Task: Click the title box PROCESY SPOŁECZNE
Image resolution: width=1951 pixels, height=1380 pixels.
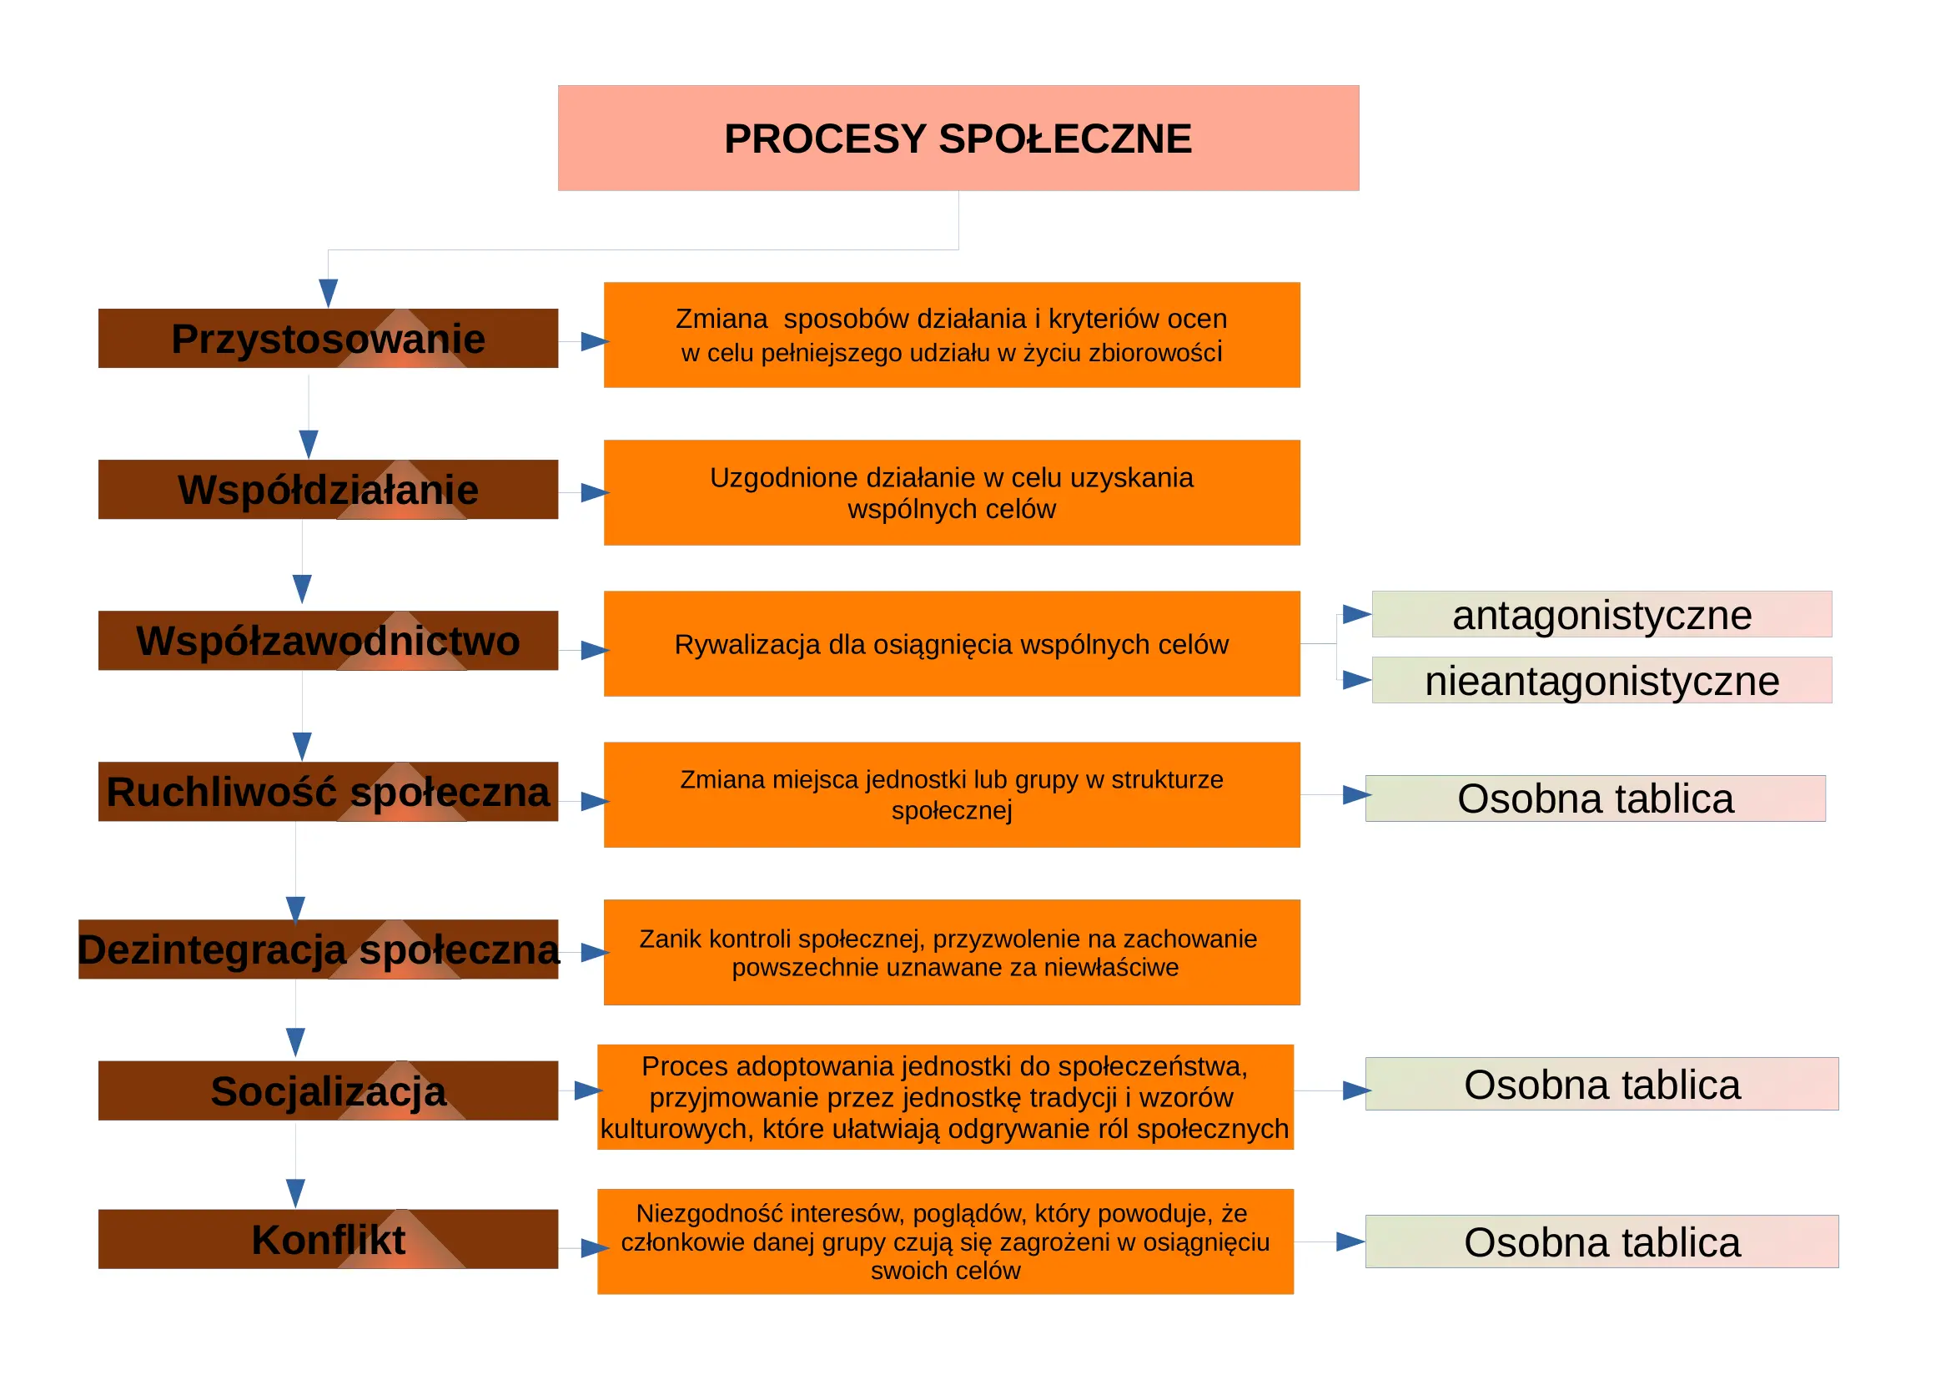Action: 958,138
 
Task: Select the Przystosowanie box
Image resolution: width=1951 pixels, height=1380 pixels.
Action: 328,338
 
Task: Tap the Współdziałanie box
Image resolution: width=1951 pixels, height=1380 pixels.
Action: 328,490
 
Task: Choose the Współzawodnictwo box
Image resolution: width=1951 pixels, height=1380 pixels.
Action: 328,641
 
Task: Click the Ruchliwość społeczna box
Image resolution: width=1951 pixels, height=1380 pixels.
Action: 328,792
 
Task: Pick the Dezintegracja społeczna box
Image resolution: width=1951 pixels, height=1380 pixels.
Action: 319,949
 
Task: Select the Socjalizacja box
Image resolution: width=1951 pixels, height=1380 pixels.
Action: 328,1091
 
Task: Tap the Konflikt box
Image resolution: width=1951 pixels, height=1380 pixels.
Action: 328,1240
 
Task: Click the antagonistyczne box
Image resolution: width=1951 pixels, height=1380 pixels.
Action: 1602,614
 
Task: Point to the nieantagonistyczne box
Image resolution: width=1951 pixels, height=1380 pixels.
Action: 1602,681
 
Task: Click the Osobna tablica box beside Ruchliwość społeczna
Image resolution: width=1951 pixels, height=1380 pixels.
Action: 1595,798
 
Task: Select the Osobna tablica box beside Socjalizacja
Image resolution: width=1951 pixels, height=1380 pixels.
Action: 1602,1085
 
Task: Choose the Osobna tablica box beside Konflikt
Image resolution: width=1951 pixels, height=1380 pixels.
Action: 1602,1242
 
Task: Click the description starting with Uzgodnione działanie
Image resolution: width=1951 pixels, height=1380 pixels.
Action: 952,493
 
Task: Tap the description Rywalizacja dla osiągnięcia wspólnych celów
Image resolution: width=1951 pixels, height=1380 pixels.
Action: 952,644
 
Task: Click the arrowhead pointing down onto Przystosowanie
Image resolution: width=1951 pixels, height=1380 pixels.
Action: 328,293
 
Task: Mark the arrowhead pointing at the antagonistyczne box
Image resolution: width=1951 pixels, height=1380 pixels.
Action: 1357,614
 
